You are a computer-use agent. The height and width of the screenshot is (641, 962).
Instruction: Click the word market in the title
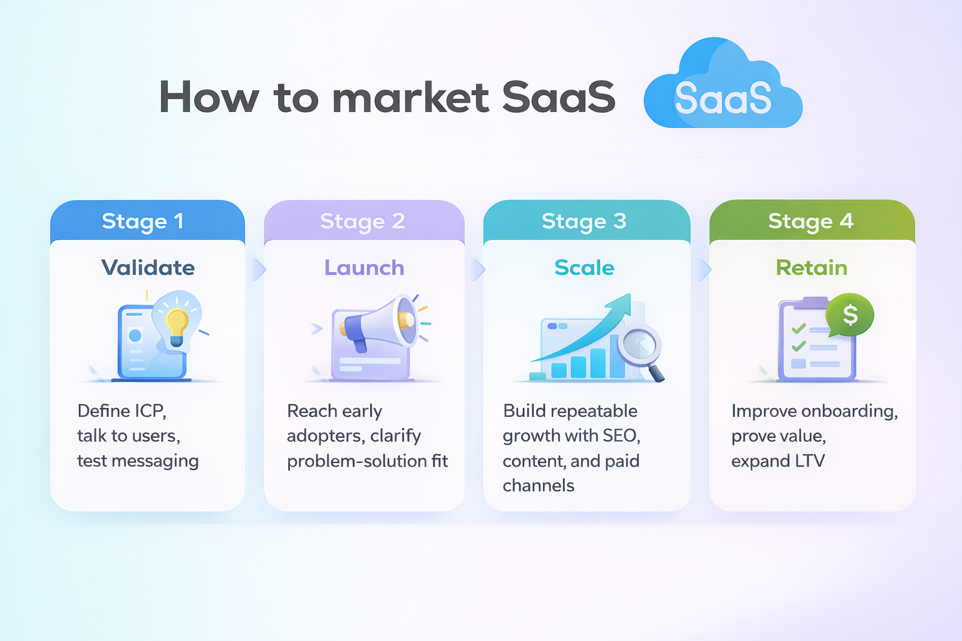point(410,98)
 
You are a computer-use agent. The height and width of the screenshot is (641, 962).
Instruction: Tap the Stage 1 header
point(143,221)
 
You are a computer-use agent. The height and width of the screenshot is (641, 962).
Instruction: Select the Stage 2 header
point(363,221)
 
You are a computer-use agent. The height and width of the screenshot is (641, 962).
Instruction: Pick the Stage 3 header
point(584,221)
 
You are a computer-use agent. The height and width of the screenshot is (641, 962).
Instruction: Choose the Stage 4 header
point(810,221)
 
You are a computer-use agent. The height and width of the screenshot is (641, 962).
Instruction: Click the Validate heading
point(148,268)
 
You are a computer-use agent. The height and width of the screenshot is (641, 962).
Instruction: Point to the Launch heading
point(364,268)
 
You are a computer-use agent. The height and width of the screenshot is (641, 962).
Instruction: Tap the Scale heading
point(584,268)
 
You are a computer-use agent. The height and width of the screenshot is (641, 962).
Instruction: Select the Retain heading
point(812,268)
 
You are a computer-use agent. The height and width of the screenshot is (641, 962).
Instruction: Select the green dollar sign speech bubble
point(850,315)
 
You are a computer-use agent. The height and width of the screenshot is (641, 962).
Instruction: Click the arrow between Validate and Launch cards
point(257,270)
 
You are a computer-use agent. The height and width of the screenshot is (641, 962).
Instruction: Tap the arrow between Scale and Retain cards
point(704,270)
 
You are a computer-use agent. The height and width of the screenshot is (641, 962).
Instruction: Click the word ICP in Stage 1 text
point(150,411)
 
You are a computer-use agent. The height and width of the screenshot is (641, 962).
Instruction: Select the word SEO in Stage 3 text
point(621,436)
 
